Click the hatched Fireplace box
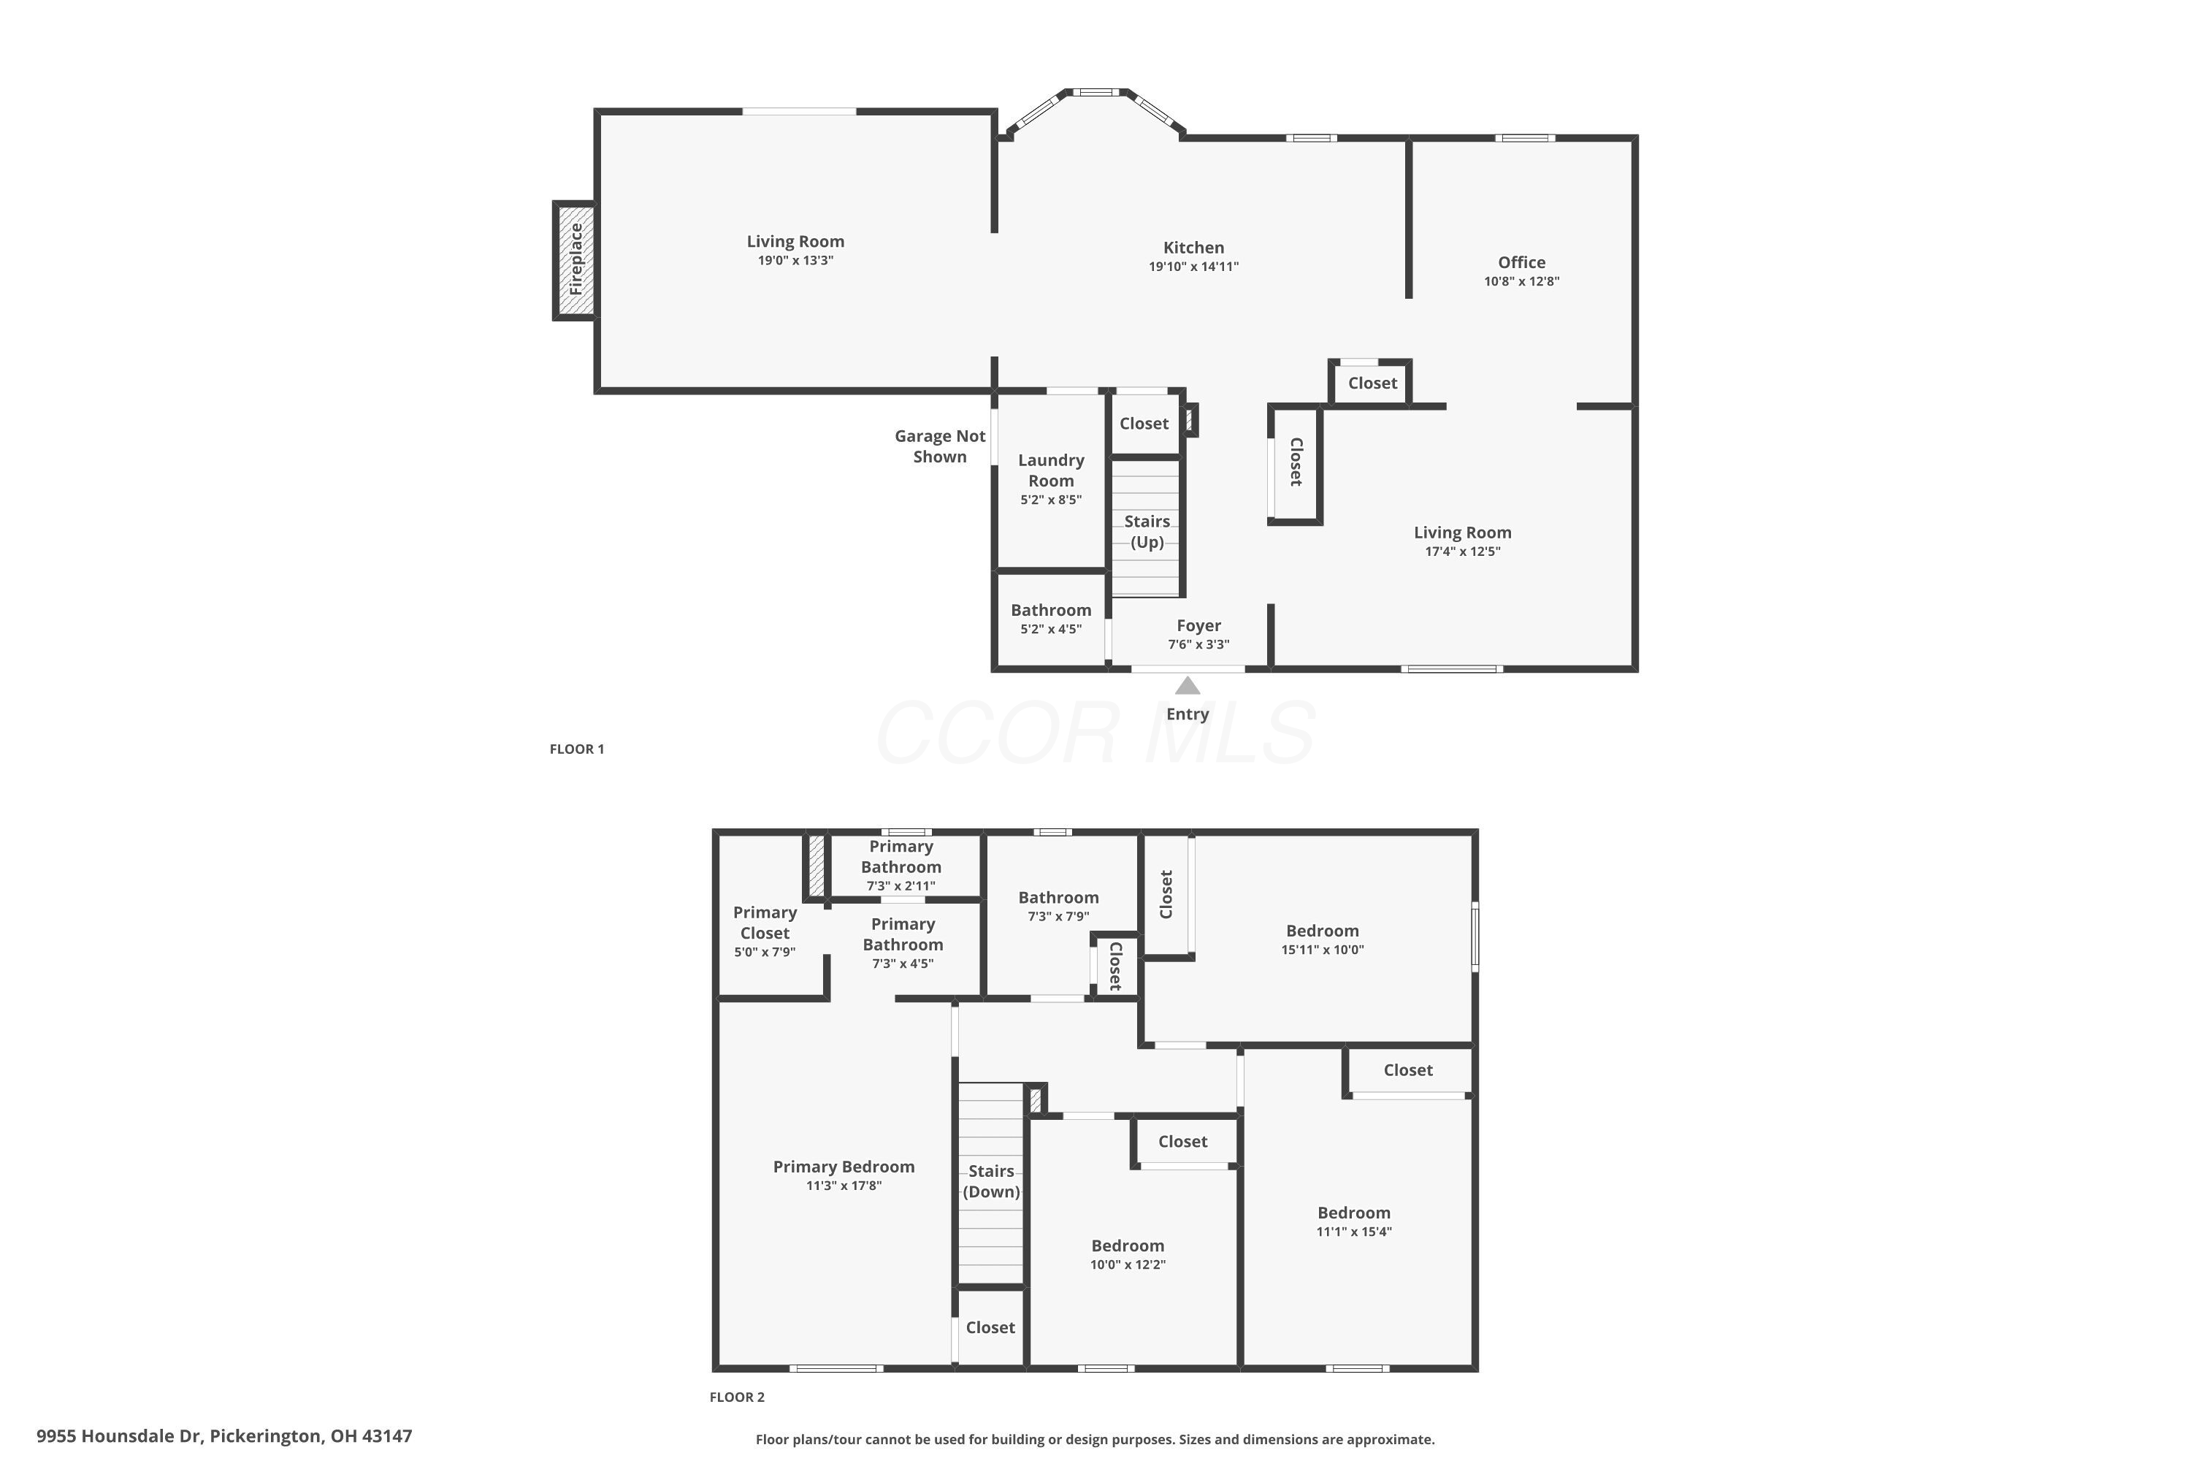576,260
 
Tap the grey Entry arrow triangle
1187,686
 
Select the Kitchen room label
1193,248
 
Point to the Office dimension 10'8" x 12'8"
1521,281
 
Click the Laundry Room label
1051,470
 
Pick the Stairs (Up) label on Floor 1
1147,532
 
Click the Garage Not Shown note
940,446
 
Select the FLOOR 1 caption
577,749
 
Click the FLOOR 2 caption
737,1397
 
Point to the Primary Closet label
765,923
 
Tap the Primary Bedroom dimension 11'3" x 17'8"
844,1186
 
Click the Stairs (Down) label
991,1181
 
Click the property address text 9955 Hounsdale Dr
119,1436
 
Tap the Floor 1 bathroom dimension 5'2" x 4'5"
1051,629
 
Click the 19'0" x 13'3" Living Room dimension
795,260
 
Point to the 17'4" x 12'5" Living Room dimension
1463,552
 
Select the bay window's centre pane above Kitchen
1095,92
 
